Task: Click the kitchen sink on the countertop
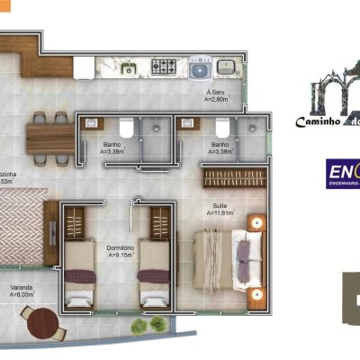coord(129,67)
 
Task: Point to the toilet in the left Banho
coord(127,130)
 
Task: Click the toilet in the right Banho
coord(190,130)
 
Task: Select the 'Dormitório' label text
coord(121,248)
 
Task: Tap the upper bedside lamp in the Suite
coord(256,220)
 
